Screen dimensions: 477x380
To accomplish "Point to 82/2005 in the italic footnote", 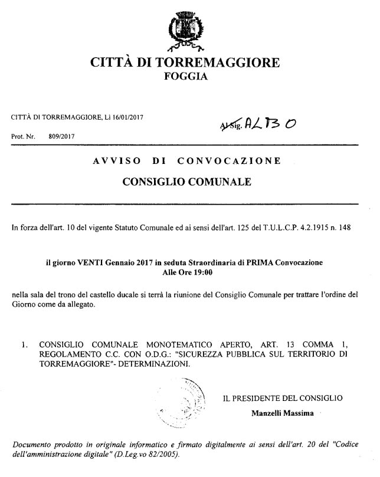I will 158,456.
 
